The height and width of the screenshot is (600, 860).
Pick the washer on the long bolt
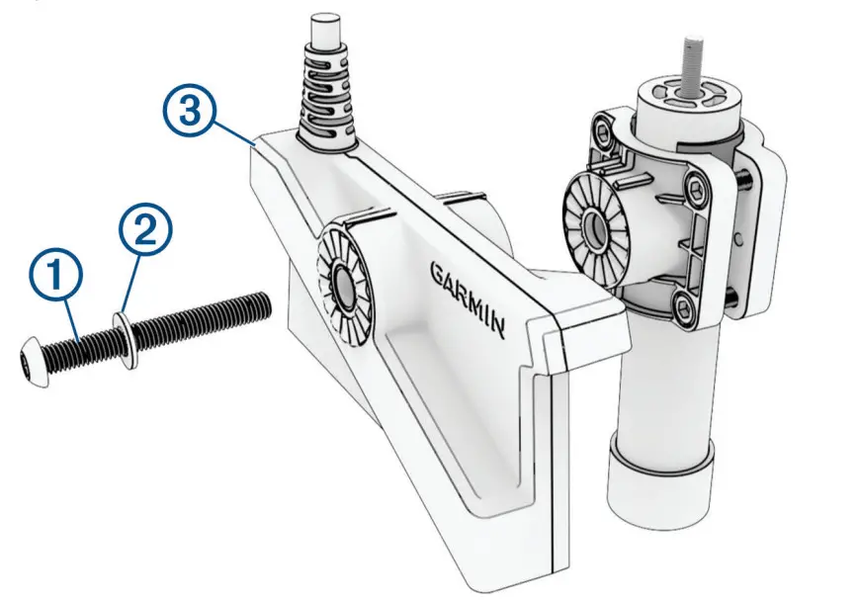tap(124, 337)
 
